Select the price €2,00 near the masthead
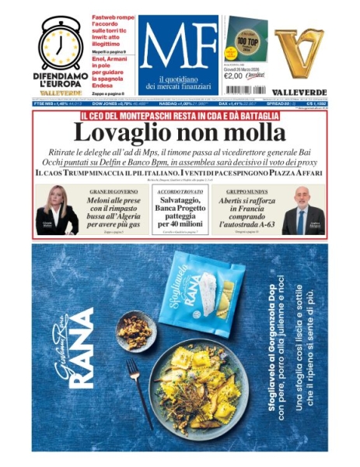235,75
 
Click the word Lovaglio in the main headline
126,133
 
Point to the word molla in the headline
250,133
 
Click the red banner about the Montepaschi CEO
180,116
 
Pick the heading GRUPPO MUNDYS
245,191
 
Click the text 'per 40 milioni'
180,224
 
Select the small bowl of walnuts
135,332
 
